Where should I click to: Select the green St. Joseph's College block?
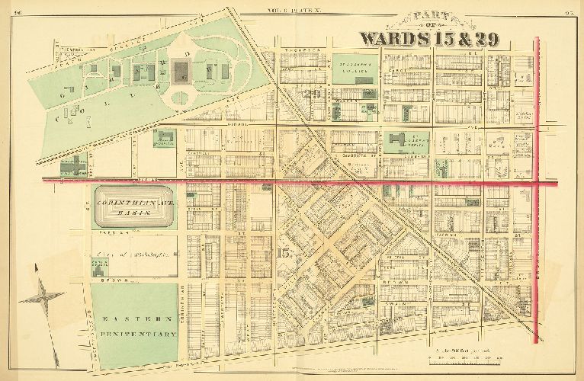[x=355, y=67]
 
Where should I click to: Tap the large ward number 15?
[x=284, y=253]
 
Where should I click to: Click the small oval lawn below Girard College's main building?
[x=181, y=97]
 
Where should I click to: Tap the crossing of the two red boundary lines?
[x=539, y=182]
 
